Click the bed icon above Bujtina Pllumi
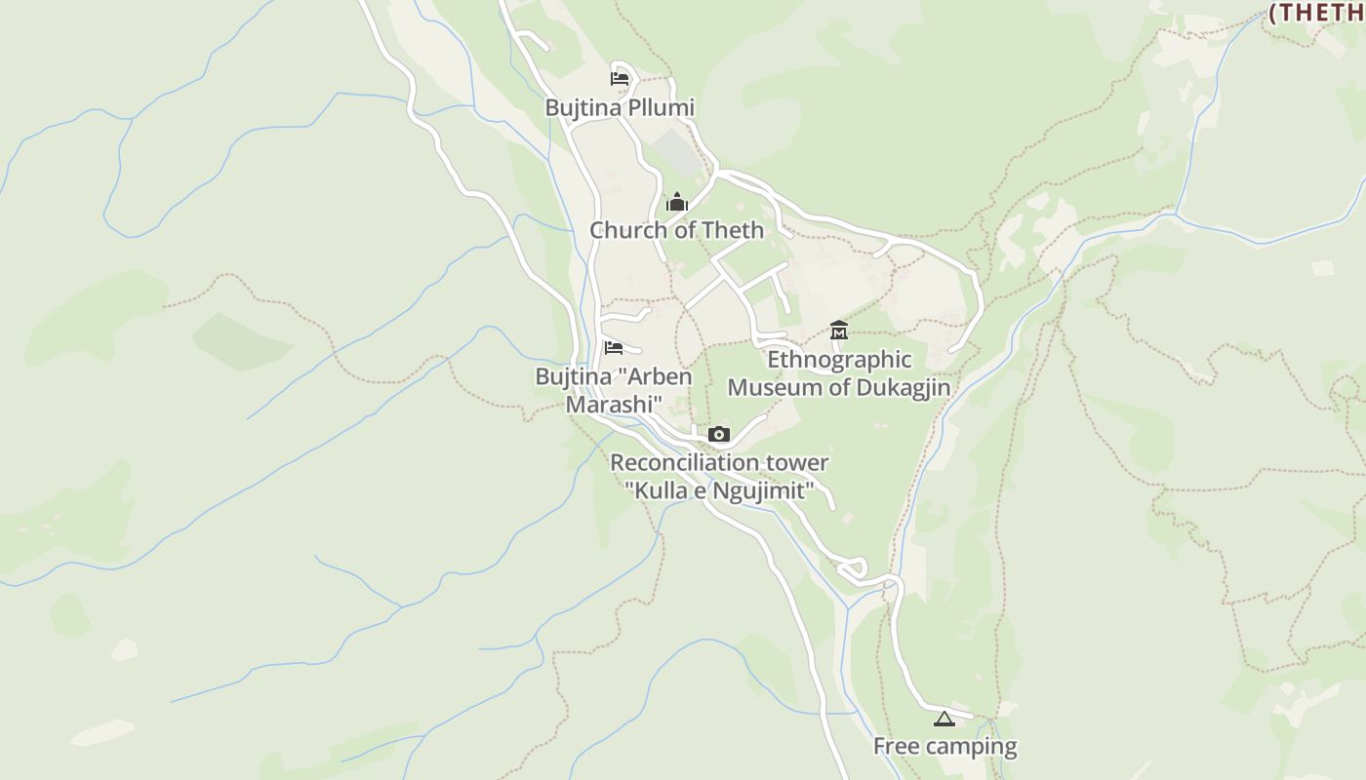coord(619,78)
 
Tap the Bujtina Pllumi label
coord(620,107)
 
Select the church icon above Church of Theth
coord(677,203)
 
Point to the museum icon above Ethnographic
coord(838,331)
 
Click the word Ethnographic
coord(839,360)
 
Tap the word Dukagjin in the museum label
coord(904,387)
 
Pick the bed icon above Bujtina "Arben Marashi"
coord(613,347)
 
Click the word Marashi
coord(615,403)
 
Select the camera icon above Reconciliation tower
coord(719,434)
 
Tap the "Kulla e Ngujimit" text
coord(719,489)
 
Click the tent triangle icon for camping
coord(943,720)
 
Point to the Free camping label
coord(944,747)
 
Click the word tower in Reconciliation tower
coord(795,463)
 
